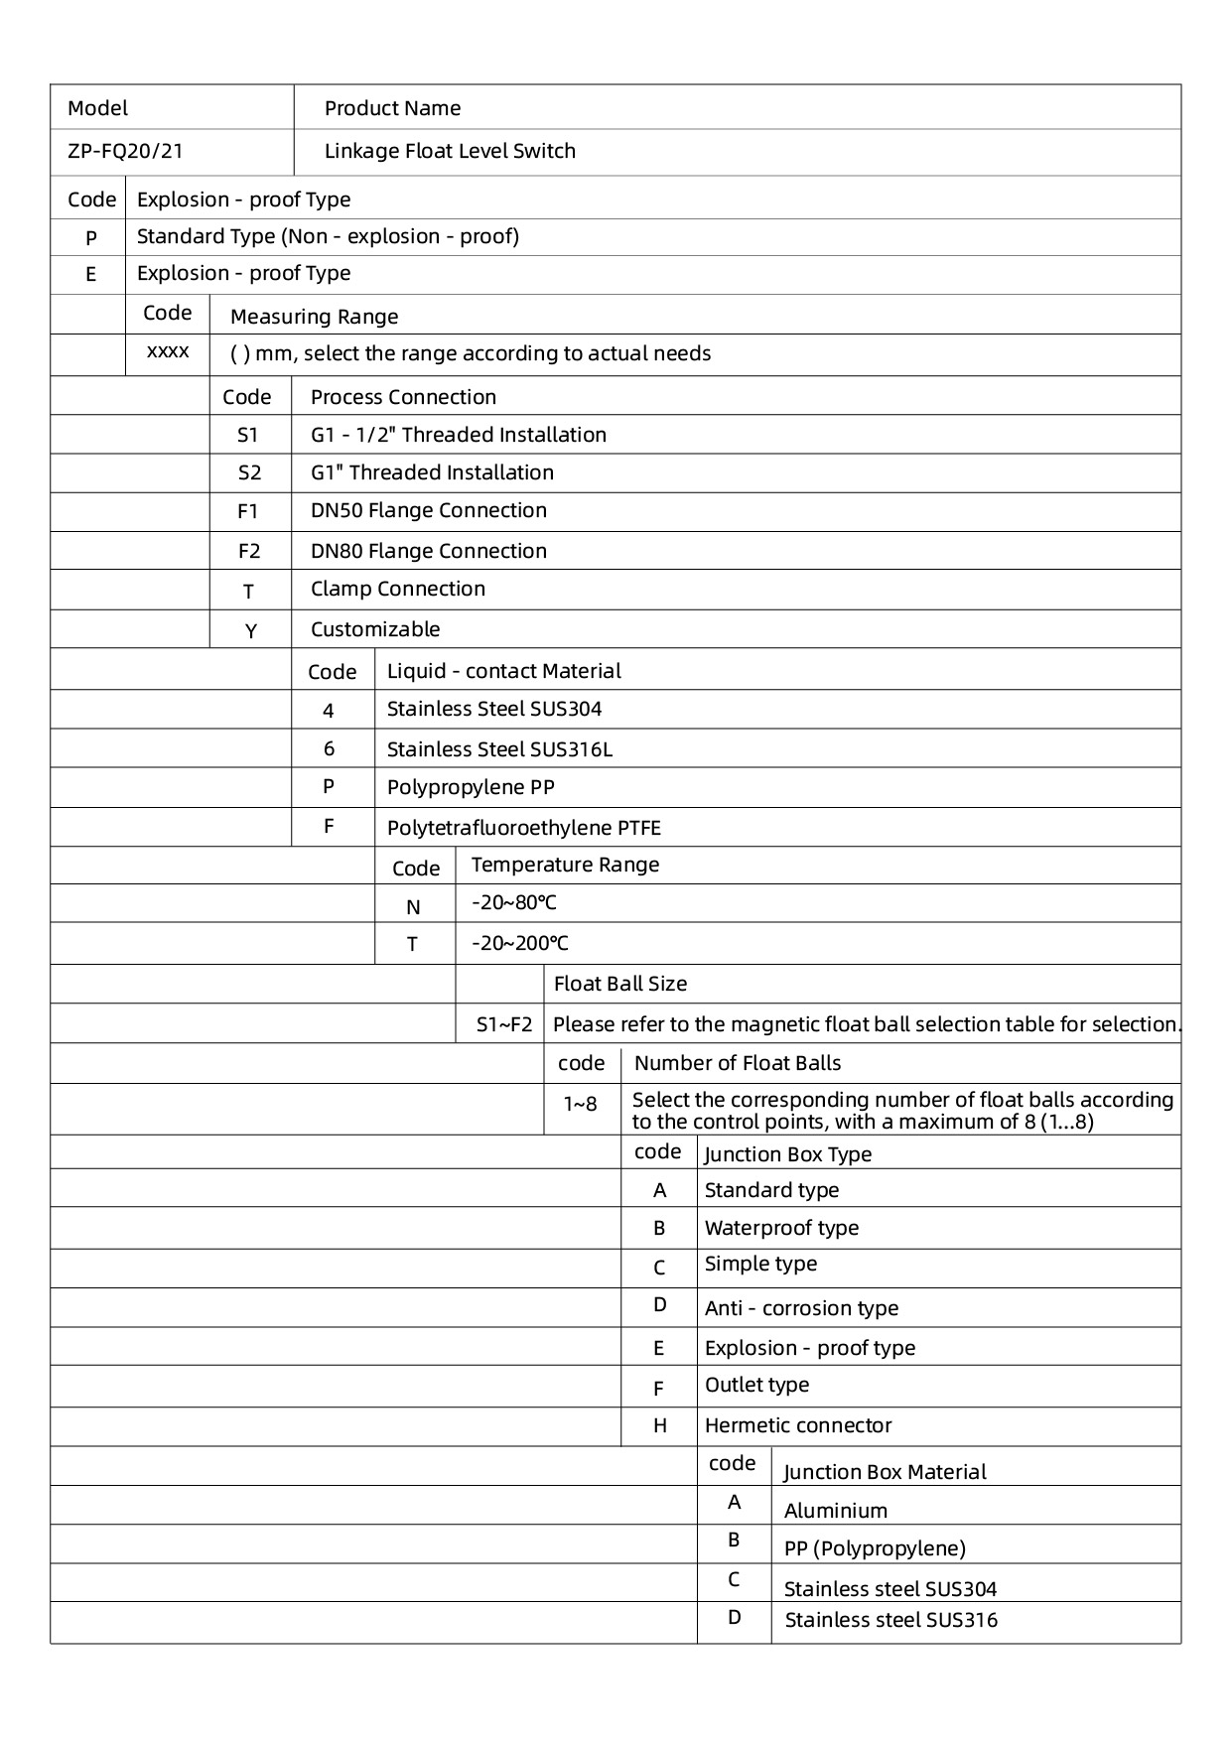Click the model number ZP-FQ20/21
pos(125,152)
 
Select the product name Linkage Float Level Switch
pos(450,152)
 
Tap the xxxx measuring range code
pos(168,352)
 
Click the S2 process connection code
pos(249,473)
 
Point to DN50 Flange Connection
pos(428,511)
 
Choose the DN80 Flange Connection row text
pos(428,552)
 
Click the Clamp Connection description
pos(397,590)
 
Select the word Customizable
pos(374,630)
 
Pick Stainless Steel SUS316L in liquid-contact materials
pos(499,750)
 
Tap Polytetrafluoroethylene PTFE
pos(523,829)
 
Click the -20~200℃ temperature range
pos(520,944)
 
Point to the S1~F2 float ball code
pos(504,1024)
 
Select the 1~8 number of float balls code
pos(581,1104)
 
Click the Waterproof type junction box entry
pos(781,1229)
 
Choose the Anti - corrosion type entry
pos(801,1309)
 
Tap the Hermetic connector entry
pos(797,1426)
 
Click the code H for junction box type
pos(659,1426)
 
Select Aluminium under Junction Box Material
pos(835,1512)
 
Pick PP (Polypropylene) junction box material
pos(874,1549)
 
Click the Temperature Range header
pos(565,866)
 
